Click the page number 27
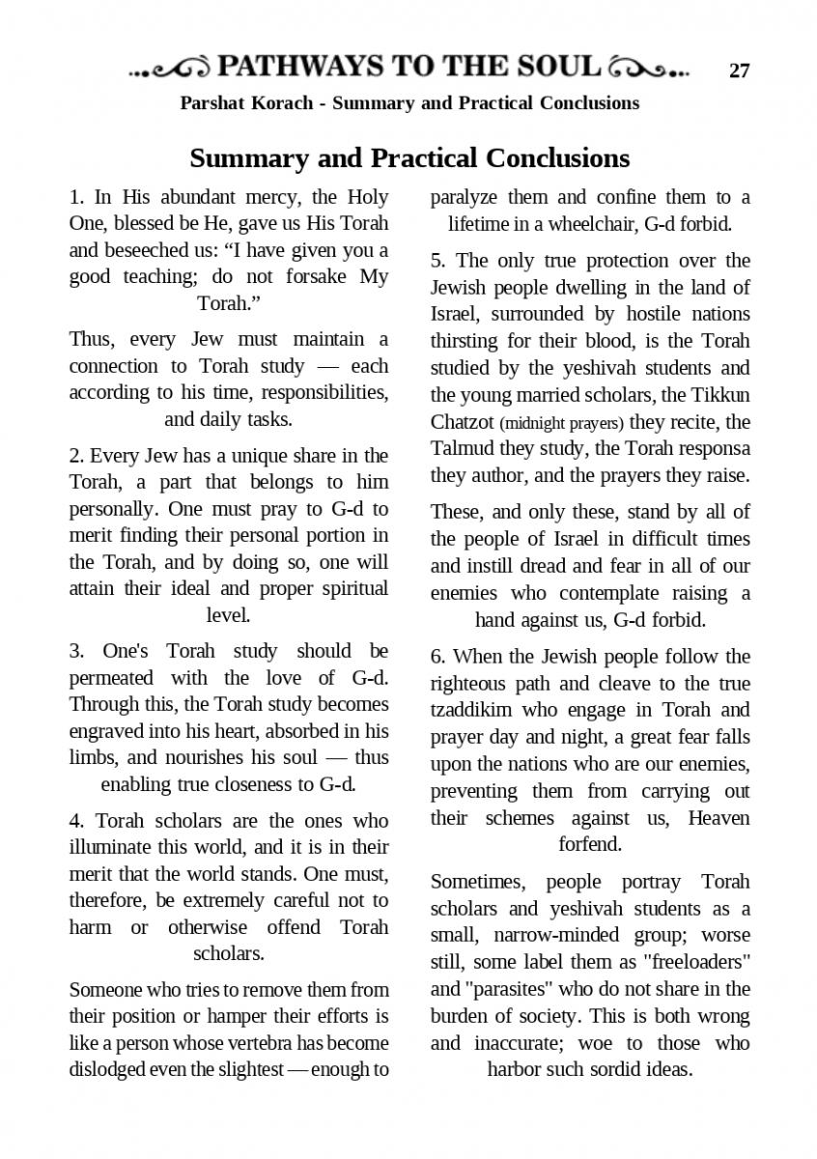click(x=739, y=71)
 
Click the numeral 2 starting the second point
click(x=74, y=456)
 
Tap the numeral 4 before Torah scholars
click(x=74, y=821)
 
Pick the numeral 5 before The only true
click(x=436, y=261)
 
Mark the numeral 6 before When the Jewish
click(x=436, y=658)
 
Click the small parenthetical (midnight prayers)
click(x=562, y=423)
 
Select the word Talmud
click(x=460, y=448)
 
